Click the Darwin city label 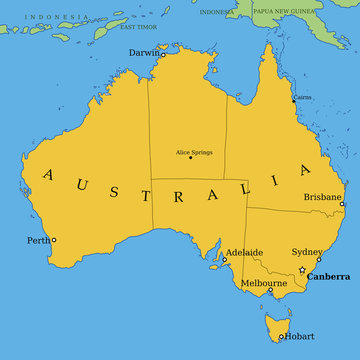tap(142, 52)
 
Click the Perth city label tap(38, 240)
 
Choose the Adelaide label tap(245, 252)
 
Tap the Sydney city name tap(306, 252)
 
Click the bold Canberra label tap(328, 276)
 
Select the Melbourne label tap(264, 283)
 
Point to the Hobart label tap(300, 336)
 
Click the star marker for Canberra tap(302, 270)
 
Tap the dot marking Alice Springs tap(190, 158)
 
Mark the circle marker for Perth tap(54, 240)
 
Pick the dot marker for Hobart tap(281, 336)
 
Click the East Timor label tap(138, 26)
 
